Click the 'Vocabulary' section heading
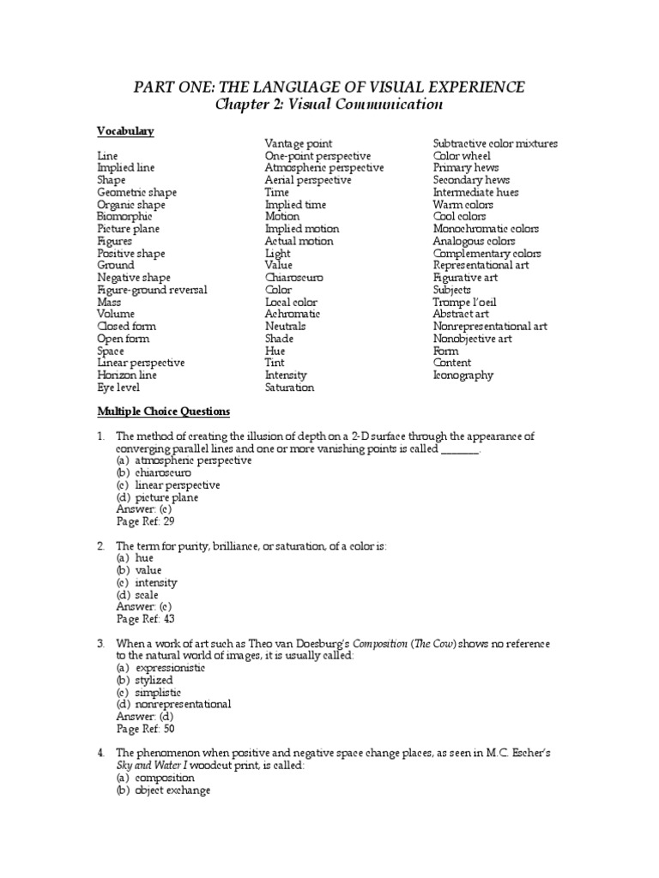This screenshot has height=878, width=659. pyautogui.click(x=125, y=131)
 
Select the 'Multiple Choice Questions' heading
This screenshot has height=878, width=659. pyautogui.click(x=163, y=412)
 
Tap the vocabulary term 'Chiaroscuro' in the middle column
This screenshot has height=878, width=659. pyautogui.click(x=294, y=278)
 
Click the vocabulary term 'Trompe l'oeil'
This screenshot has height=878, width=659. pyautogui.click(x=464, y=302)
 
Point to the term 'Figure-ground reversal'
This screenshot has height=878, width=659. pyautogui.click(x=152, y=290)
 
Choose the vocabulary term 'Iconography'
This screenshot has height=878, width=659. pyautogui.click(x=463, y=375)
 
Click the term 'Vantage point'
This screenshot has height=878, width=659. pyautogui.click(x=298, y=144)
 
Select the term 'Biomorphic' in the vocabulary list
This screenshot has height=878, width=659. pyautogui.click(x=124, y=217)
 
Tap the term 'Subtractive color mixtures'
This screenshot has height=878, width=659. pyautogui.click(x=495, y=144)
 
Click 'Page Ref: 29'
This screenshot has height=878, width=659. pyautogui.click(x=145, y=520)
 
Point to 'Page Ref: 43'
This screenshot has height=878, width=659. pyautogui.click(x=145, y=618)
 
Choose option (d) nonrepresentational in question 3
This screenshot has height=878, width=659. pyautogui.click(x=174, y=704)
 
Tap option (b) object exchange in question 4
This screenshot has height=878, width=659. pyautogui.click(x=163, y=790)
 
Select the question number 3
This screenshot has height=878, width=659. pyautogui.click(x=100, y=643)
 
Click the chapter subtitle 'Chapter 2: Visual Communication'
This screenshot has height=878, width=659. pyautogui.click(x=329, y=105)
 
